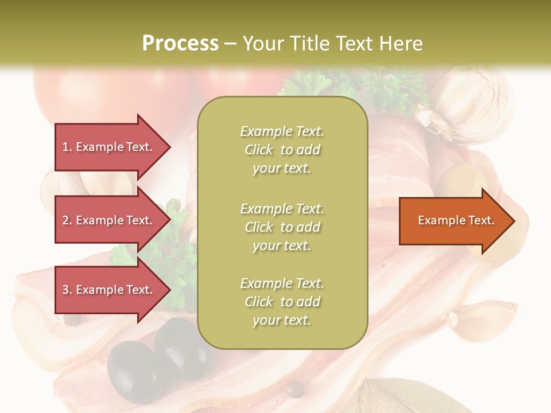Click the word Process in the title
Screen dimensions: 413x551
[180, 44]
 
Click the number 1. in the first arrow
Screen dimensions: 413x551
[67, 147]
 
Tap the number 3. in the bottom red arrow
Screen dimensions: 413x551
[67, 290]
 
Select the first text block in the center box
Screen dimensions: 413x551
[282, 150]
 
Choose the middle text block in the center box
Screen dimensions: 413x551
[282, 227]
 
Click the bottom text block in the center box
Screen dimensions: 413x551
[282, 302]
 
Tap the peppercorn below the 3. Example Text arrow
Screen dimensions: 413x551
[72, 319]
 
